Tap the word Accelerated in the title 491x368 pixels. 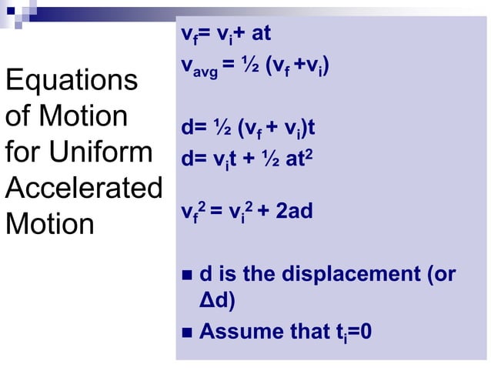tap(83, 189)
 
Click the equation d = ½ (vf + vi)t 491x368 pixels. tap(247, 128)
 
